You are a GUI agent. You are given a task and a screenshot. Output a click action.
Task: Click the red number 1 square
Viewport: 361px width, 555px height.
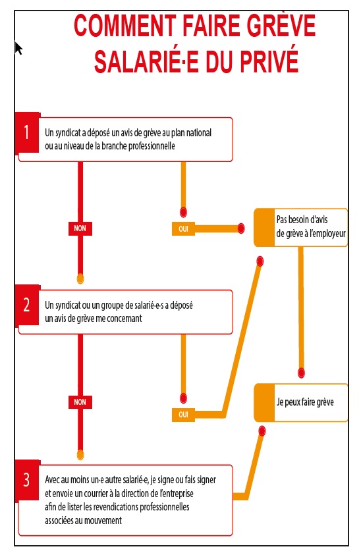(27, 132)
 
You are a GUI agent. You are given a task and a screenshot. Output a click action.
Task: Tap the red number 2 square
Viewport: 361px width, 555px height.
(27, 305)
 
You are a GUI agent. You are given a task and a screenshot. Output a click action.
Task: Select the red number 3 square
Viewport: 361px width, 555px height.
(27, 480)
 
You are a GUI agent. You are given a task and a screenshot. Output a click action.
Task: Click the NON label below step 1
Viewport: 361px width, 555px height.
(80, 228)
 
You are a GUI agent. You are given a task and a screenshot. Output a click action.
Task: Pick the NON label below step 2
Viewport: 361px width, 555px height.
(80, 402)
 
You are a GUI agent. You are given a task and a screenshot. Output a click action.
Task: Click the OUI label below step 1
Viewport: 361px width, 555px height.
(183, 228)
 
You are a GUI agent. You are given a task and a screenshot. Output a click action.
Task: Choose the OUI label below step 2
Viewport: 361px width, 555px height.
(183, 415)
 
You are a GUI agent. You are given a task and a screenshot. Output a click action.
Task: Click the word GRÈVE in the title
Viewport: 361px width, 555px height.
(281, 25)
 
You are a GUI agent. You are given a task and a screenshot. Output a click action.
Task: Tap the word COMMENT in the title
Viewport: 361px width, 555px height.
(125, 26)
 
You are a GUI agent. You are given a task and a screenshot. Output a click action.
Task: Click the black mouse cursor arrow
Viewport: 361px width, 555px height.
(18, 48)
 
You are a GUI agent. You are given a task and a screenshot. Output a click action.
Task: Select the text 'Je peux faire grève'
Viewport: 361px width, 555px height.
(305, 402)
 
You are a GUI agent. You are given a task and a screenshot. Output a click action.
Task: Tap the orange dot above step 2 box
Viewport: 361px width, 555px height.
(80, 279)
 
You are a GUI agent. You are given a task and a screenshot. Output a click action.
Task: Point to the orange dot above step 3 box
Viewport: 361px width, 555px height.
(80, 454)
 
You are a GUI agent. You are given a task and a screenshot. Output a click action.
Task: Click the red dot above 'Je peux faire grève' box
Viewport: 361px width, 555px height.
(301, 373)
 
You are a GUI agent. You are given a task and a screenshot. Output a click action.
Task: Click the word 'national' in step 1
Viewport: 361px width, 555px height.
(199, 133)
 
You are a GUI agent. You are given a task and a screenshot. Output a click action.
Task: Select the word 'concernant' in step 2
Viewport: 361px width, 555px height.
(124, 319)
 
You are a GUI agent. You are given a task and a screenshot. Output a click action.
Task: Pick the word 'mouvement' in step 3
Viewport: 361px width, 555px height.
(104, 521)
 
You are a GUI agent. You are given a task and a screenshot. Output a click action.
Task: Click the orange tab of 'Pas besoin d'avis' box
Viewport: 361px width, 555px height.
(265, 227)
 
